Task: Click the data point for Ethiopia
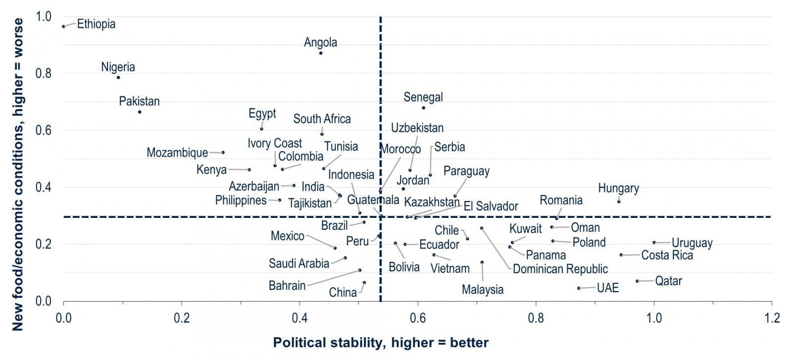coord(64,26)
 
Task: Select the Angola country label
coord(320,43)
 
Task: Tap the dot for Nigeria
coord(118,77)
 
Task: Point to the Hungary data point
coord(619,201)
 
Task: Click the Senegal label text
coord(423,97)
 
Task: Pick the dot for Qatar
coord(637,281)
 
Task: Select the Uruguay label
coord(692,243)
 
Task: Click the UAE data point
coord(579,288)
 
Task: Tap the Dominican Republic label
coord(560,269)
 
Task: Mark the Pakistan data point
coord(140,112)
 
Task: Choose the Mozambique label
coord(177,153)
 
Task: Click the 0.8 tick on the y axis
coord(44,73)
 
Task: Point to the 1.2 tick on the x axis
coord(771,317)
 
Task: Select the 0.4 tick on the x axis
coord(299,317)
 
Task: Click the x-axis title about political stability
coord(381,342)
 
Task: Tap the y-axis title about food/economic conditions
coord(18,174)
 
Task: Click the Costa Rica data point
coord(621,255)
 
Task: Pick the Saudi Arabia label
coord(299,263)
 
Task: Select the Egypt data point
coord(262,129)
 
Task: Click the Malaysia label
coord(482,290)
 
